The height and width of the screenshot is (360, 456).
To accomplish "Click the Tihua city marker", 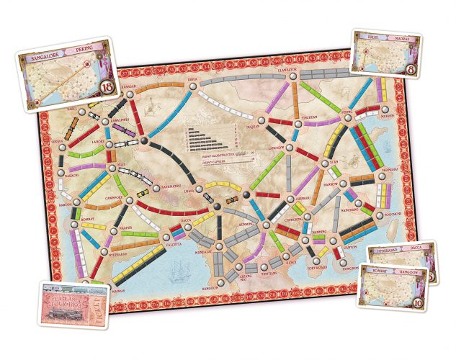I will coord(192,87).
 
